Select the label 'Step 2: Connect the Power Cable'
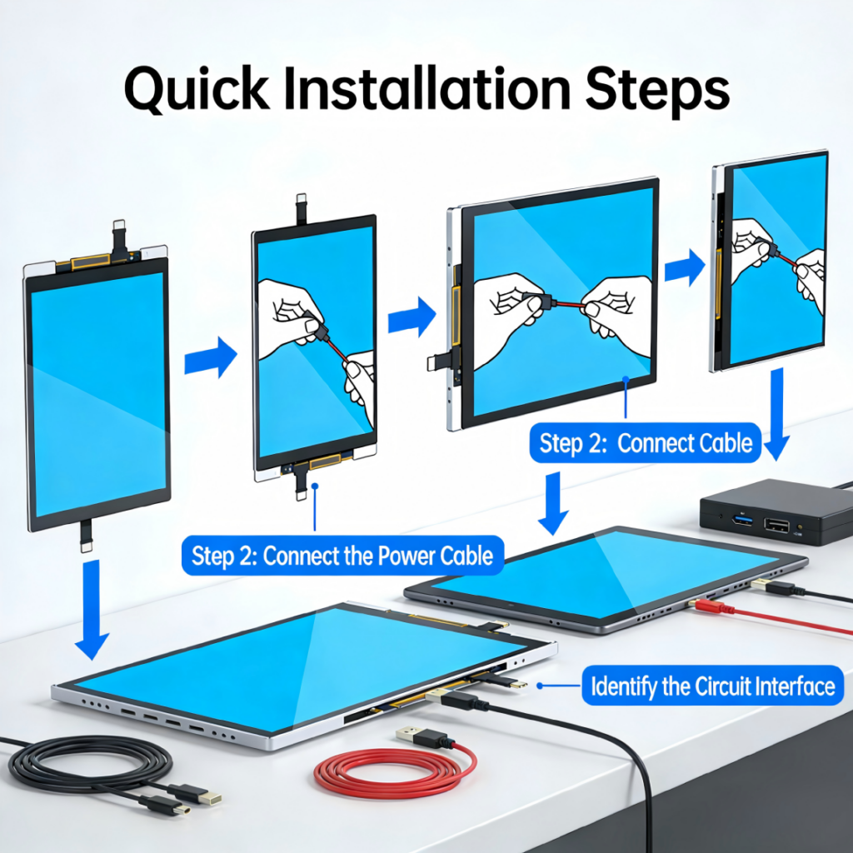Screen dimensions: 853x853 [x=342, y=556]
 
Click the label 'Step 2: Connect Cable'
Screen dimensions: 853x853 [x=646, y=443]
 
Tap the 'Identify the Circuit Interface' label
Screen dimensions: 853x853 [x=713, y=686]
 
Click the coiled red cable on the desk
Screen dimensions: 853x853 [x=395, y=772]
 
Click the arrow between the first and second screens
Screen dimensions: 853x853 [x=211, y=357]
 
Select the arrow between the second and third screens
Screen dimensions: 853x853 [x=412, y=317]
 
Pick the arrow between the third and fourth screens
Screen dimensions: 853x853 [x=685, y=267]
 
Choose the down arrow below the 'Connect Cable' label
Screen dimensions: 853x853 [x=553, y=503]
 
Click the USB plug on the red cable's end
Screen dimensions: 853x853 [x=420, y=736]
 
